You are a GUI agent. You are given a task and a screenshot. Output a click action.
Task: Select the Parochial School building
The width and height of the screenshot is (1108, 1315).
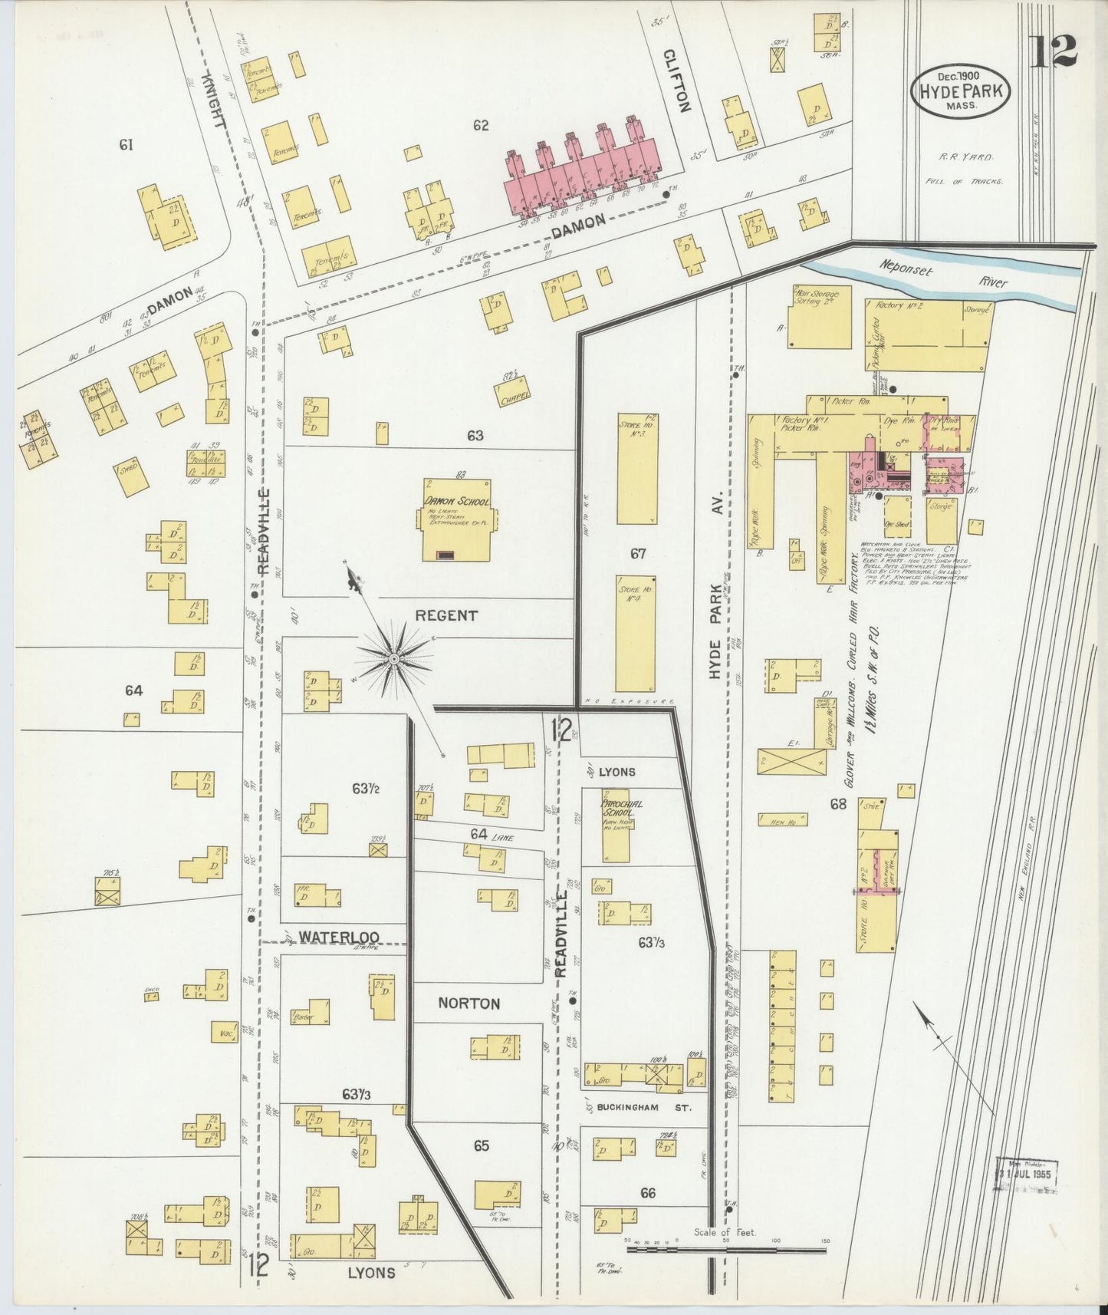point(616,829)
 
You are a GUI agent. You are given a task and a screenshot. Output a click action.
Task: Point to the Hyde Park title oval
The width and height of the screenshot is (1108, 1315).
point(960,90)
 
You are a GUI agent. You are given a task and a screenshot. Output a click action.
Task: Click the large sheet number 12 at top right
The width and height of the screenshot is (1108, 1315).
point(1054,51)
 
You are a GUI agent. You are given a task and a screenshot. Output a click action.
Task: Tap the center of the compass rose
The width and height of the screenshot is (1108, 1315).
point(393,658)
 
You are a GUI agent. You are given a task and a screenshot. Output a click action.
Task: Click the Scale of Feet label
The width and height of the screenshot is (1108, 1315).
point(725,1233)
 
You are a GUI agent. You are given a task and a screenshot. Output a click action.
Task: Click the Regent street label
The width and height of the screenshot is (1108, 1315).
point(446,615)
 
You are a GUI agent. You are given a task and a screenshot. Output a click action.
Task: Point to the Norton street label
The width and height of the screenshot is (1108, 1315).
point(469,1004)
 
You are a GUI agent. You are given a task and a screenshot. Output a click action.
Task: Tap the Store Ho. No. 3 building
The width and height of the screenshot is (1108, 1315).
point(637,468)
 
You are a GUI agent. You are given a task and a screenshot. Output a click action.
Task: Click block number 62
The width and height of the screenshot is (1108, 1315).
point(481,125)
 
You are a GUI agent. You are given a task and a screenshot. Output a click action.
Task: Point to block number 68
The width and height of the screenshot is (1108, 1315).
point(838,803)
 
